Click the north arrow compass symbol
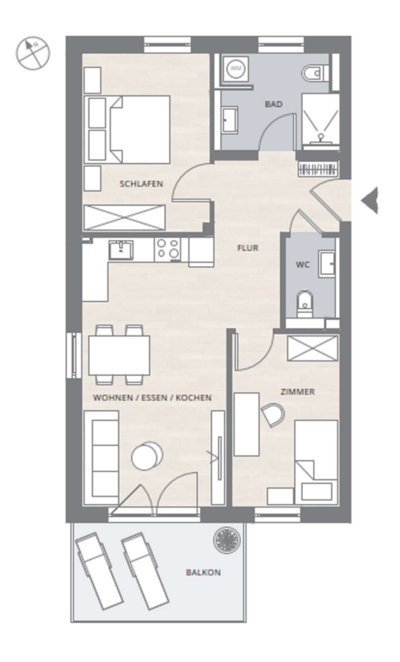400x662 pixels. [33, 54]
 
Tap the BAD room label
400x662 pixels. [273, 104]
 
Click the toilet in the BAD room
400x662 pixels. [315, 73]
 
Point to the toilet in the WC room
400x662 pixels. [305, 303]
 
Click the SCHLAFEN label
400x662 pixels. [141, 184]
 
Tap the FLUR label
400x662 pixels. [248, 248]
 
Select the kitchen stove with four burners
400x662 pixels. [167, 249]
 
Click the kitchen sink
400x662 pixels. [121, 250]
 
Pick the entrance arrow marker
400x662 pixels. [369, 201]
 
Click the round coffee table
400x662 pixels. [147, 456]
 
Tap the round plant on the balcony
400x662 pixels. [227, 540]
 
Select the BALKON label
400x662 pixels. [203, 572]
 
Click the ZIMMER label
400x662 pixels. [298, 392]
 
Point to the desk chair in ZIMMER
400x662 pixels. [273, 415]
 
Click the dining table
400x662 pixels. [119, 355]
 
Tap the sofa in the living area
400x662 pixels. [101, 458]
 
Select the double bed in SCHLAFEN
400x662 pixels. [127, 129]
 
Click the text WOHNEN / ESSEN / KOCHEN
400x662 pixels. [152, 398]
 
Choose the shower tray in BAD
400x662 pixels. [320, 121]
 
